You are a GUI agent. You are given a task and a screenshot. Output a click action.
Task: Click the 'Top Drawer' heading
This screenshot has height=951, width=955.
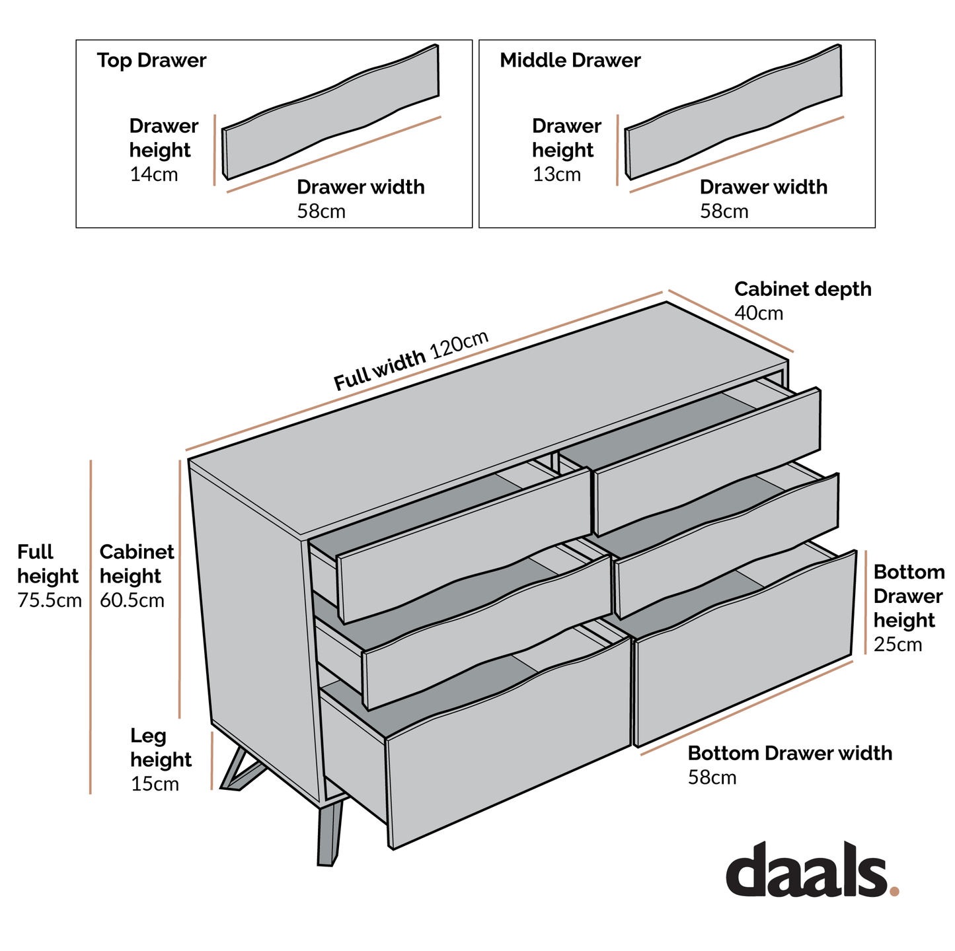(151, 61)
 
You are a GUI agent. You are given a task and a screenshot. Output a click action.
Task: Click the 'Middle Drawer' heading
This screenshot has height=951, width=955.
(570, 61)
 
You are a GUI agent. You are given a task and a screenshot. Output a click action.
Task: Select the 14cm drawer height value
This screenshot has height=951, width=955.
(154, 175)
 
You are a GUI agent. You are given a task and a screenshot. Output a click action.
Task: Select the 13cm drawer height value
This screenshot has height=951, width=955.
(556, 175)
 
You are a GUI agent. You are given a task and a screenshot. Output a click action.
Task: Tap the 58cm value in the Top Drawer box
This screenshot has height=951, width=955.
(321, 212)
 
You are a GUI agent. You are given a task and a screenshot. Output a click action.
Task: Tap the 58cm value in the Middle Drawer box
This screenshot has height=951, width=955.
(724, 212)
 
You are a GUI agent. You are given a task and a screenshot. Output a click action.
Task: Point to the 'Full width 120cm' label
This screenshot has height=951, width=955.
(410, 361)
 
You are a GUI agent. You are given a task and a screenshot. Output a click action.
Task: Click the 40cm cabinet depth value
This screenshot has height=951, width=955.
(759, 314)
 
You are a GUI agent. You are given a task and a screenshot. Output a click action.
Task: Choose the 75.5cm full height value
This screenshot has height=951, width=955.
(50, 601)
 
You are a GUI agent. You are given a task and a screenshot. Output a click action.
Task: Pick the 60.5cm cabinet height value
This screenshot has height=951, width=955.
(132, 601)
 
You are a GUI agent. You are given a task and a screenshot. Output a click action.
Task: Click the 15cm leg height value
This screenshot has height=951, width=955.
(155, 785)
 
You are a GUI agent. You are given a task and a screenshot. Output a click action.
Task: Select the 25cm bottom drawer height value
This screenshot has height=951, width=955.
(898, 645)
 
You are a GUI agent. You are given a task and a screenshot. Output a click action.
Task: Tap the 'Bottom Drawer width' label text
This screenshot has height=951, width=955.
(790, 754)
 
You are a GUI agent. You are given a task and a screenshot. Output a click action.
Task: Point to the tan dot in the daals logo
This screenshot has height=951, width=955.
(894, 892)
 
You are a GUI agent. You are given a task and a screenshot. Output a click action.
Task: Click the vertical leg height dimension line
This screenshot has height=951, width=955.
(211, 760)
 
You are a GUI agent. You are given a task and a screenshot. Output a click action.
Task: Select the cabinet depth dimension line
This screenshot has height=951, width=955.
(730, 321)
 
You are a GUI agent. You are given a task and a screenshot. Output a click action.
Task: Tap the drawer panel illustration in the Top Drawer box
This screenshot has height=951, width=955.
(330, 112)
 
